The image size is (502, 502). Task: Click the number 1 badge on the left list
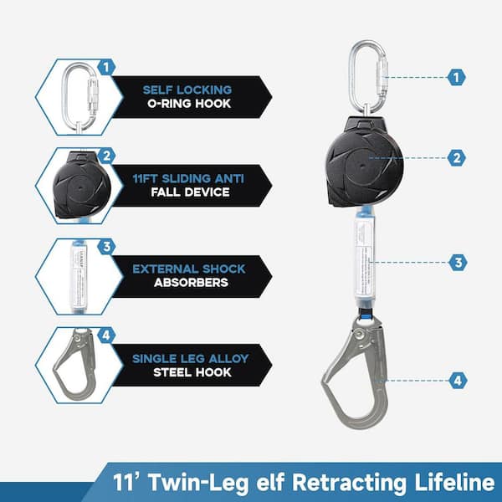pyautogui.click(x=106, y=68)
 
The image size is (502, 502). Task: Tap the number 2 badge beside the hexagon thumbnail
pyautogui.click(x=106, y=156)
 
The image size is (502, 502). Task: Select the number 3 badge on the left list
pyautogui.click(x=106, y=247)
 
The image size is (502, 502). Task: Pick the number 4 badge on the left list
pyautogui.click(x=106, y=336)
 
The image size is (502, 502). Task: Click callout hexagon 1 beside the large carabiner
pyautogui.click(x=456, y=77)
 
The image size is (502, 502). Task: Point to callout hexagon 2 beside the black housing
pyautogui.click(x=456, y=158)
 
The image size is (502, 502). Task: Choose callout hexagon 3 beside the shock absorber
pyautogui.click(x=458, y=263)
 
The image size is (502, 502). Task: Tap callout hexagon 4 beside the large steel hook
pyautogui.click(x=458, y=381)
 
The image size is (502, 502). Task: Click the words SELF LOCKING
pyautogui.click(x=187, y=90)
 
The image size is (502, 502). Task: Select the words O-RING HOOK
pyautogui.click(x=189, y=104)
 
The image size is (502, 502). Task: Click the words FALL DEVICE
pyautogui.click(x=190, y=192)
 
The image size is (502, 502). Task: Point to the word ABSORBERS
pyautogui.click(x=191, y=283)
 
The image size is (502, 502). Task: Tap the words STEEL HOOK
pyautogui.click(x=192, y=372)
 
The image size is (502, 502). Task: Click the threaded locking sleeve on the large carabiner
pyautogui.click(x=382, y=76)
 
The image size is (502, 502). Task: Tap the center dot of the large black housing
pyautogui.click(x=362, y=166)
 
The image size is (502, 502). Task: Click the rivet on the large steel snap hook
pyautogui.click(x=361, y=334)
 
